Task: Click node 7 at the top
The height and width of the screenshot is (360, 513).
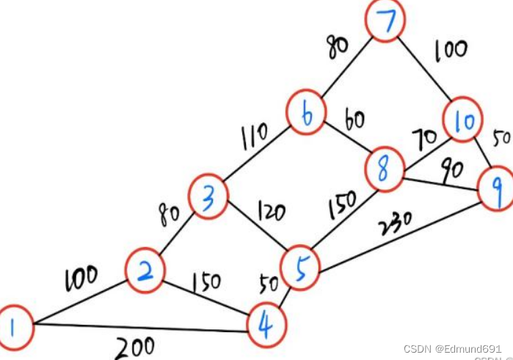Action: (x=386, y=23)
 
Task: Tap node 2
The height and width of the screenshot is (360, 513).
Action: (x=146, y=271)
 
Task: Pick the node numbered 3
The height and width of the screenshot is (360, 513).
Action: (x=209, y=197)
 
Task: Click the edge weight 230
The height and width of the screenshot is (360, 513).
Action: (x=395, y=221)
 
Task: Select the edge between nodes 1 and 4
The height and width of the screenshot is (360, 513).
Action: (x=139, y=328)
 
